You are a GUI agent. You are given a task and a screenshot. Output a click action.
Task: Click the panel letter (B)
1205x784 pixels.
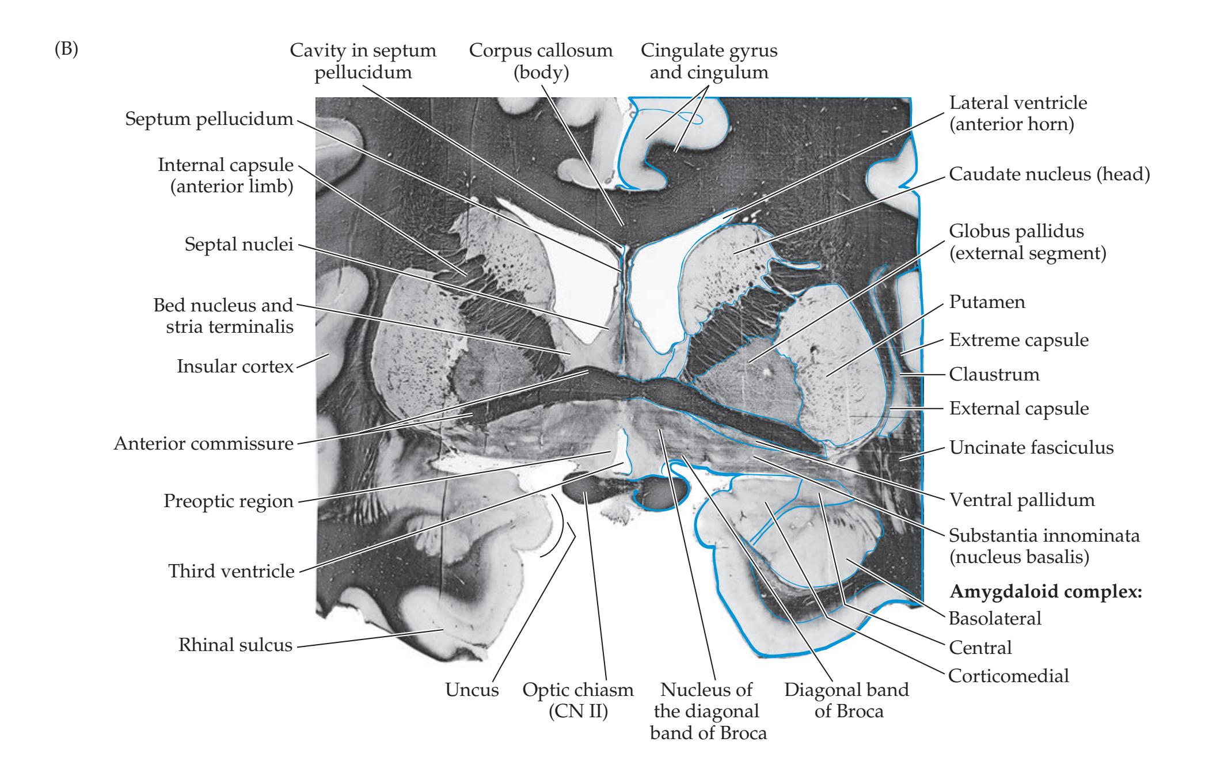coord(66,50)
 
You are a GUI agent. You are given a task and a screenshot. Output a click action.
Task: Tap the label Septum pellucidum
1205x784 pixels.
coord(209,120)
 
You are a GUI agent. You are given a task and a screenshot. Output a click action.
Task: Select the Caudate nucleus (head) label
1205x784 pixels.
coord(1049,174)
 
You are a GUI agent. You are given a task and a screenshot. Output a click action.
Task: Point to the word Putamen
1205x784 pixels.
coord(987,302)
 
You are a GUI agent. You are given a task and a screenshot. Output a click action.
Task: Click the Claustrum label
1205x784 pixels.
coord(994,375)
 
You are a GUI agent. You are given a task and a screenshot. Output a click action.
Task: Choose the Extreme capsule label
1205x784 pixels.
coord(1018,340)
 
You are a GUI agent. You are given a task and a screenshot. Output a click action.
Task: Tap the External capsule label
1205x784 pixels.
coord(1018,409)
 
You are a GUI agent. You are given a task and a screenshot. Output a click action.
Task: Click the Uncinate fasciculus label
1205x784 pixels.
coord(1031,447)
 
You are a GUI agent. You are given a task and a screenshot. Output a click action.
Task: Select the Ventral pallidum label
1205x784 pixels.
coord(1021,500)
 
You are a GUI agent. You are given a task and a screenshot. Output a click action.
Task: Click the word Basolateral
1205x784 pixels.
coord(994,618)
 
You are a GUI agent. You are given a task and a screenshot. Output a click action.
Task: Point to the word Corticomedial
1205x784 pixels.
coord(1008,675)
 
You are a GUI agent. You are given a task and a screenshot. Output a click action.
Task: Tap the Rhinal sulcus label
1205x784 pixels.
coord(235,645)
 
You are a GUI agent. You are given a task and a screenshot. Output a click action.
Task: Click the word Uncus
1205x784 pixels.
coord(472,690)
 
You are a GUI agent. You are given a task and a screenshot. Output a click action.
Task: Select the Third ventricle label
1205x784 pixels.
coord(231,572)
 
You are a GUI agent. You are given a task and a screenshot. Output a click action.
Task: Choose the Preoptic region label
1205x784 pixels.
coord(228,501)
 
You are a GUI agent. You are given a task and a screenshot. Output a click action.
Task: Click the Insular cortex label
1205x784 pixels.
coord(235,366)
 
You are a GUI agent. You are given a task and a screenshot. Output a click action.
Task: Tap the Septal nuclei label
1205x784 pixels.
coord(239,245)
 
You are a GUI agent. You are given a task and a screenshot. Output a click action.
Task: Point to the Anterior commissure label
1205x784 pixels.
coord(203,444)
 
